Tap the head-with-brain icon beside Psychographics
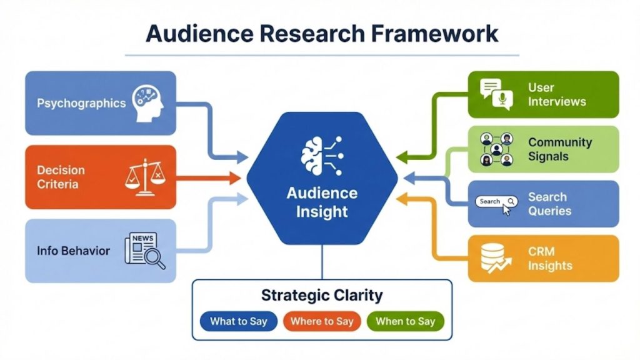tap(147, 102)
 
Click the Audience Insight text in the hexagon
tap(322, 202)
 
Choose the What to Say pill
tap(238, 321)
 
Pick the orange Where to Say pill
tap(322, 321)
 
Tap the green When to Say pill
tap(405, 321)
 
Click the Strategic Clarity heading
tap(322, 295)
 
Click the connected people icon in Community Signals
tap(496, 149)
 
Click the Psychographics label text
tap(81, 103)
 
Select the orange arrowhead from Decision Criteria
tap(235, 178)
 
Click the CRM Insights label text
tap(550, 257)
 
